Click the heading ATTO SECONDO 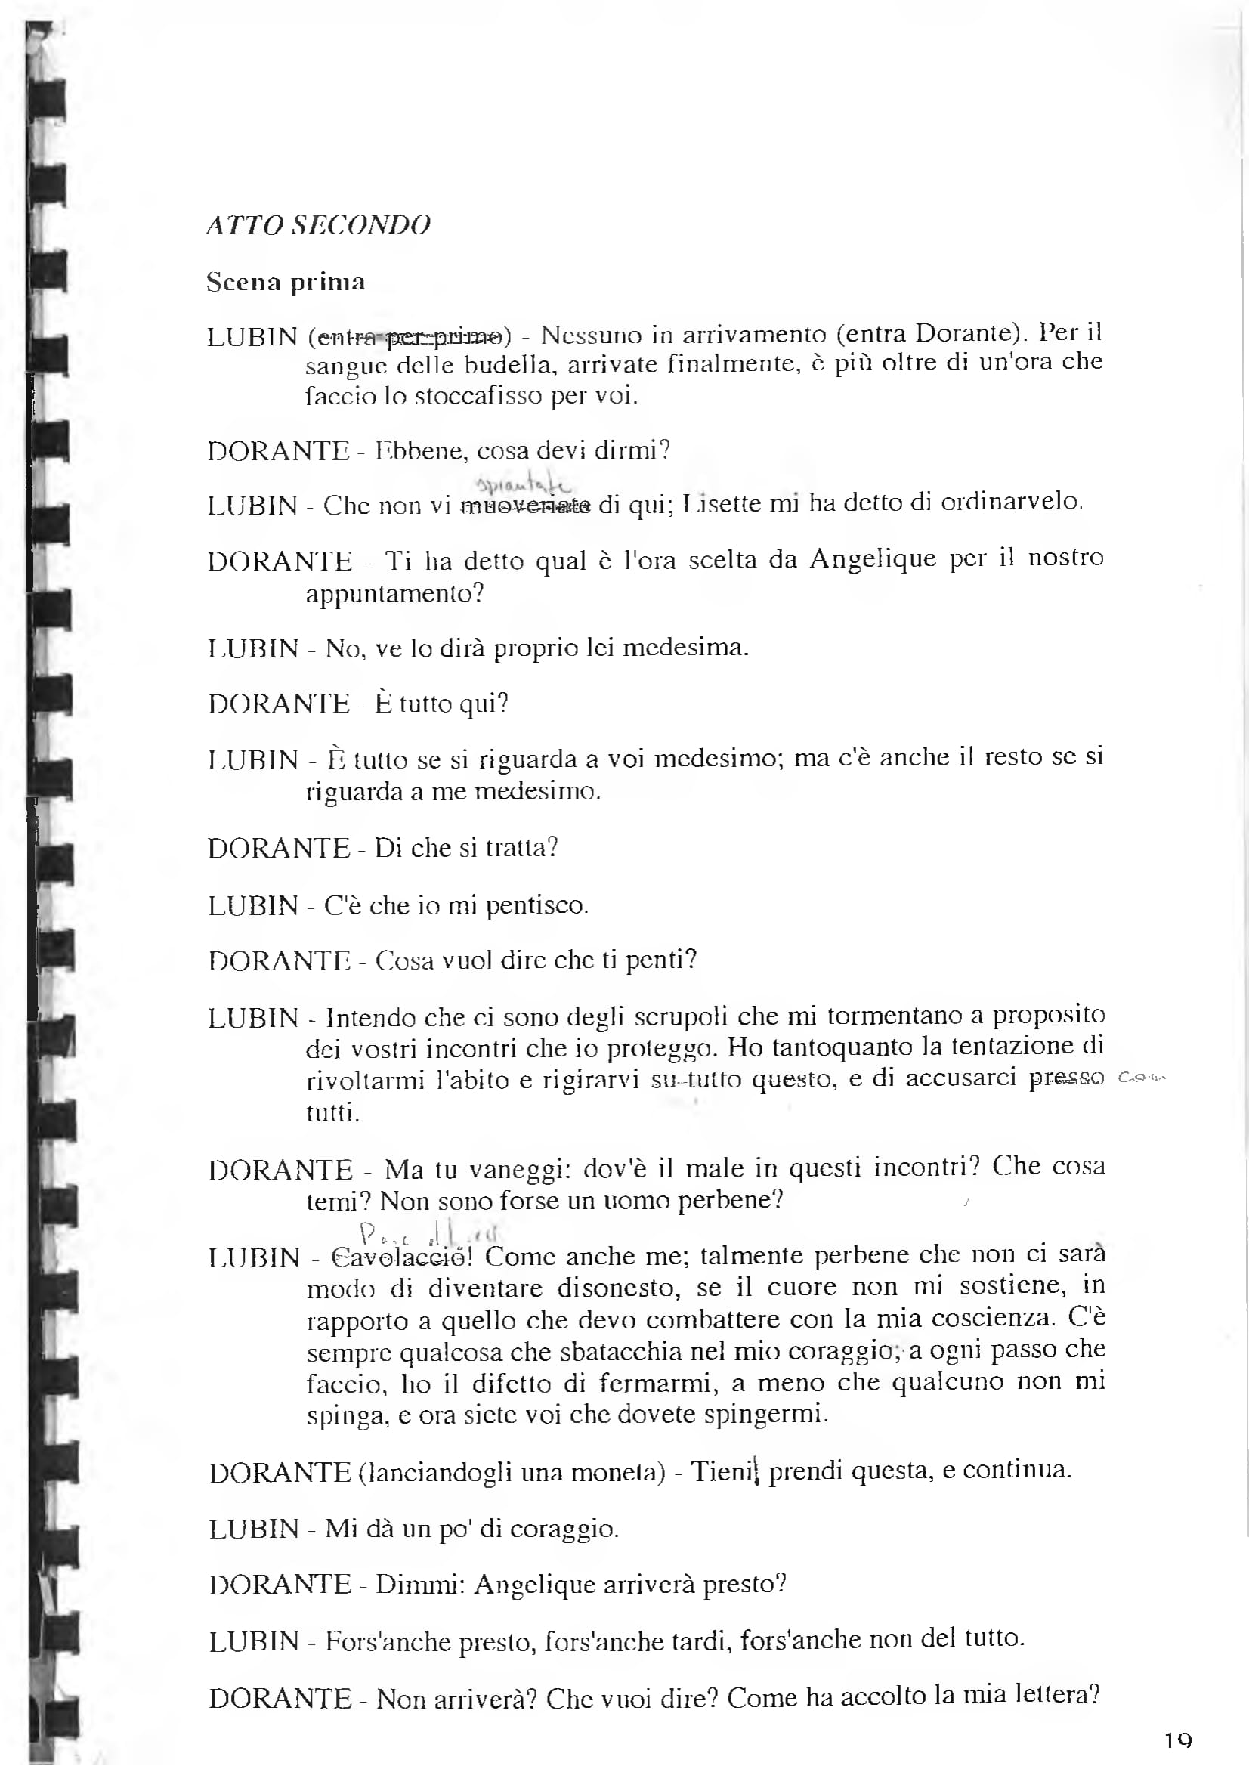pyautogui.click(x=317, y=224)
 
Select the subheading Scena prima pyautogui.click(x=286, y=282)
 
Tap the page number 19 pyautogui.click(x=1177, y=1740)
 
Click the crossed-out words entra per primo pyautogui.click(x=410, y=336)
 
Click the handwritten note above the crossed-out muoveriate pyautogui.click(x=524, y=484)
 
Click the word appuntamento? pyautogui.click(x=394, y=593)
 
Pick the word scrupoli pyautogui.click(x=681, y=1016)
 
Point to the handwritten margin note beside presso pyautogui.click(x=1140, y=1078)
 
